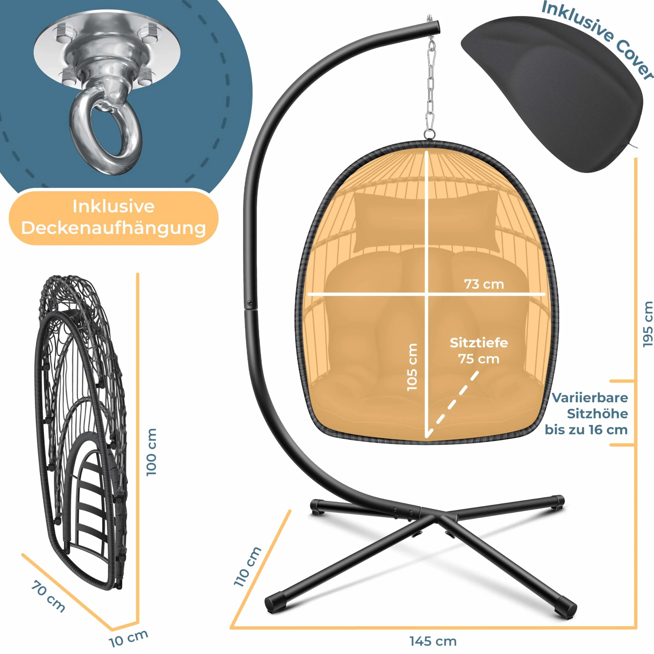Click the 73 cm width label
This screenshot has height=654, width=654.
point(484,284)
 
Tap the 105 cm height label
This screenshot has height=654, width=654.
point(412,367)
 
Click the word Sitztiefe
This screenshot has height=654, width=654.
point(479,343)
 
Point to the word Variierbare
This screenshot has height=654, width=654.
point(590,397)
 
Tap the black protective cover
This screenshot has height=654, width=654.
point(552,94)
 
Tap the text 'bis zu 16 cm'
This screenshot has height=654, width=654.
point(586,430)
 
